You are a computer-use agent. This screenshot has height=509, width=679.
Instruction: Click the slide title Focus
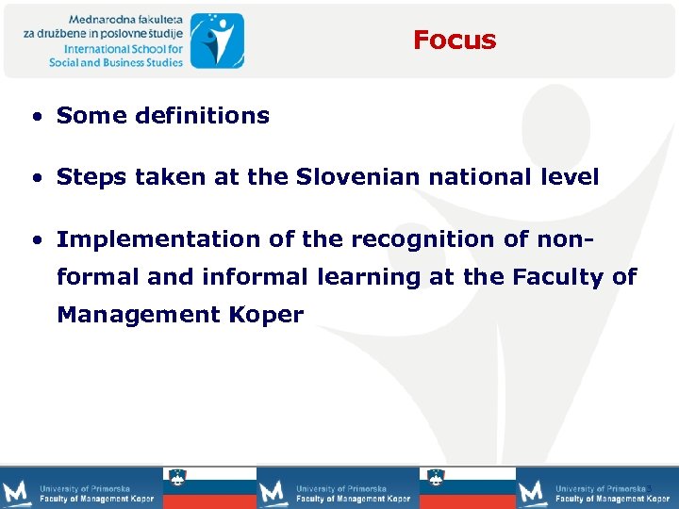pyautogui.click(x=454, y=40)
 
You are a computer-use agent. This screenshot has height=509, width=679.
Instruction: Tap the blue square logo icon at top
pyautogui.click(x=216, y=40)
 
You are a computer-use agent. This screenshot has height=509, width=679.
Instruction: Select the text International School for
pyautogui.click(x=123, y=48)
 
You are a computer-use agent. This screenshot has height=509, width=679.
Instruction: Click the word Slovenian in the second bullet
pyautogui.click(x=346, y=177)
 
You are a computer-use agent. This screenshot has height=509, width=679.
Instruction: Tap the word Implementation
pyautogui.click(x=159, y=239)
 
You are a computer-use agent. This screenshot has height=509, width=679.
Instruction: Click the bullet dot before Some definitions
pyautogui.click(x=35, y=117)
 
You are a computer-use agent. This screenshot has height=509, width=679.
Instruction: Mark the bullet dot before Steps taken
pyautogui.click(x=35, y=178)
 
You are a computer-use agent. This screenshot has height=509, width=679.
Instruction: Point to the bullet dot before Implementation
pyautogui.click(x=35, y=240)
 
